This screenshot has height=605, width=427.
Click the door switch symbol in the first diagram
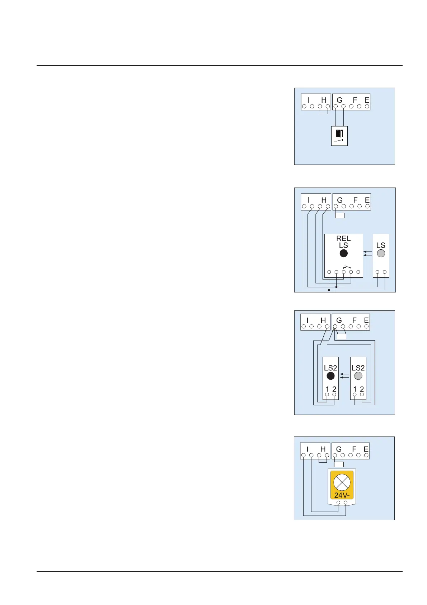pos(339,136)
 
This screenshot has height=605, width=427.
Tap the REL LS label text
pos(343,242)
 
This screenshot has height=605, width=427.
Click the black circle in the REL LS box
pos(343,253)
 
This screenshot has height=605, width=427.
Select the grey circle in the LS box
pos(381,253)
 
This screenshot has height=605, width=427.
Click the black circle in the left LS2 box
pos(330,376)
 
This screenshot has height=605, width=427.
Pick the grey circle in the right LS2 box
pos(358,376)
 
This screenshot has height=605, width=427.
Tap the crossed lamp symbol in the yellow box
pos(342,482)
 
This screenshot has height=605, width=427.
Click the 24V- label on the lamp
pos(342,495)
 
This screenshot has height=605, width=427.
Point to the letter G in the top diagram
pos(339,100)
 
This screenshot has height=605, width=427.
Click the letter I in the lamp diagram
pos(307,449)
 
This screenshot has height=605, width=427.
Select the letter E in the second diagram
pos(367,200)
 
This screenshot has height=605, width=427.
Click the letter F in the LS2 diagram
pos(355,320)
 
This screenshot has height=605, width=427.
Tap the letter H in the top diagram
pos(324,100)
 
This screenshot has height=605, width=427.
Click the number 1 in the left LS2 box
pos(327,389)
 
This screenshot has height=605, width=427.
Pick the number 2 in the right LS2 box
pos(362,389)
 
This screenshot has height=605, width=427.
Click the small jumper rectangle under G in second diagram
pos(339,215)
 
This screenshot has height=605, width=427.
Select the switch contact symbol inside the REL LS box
pos(347,267)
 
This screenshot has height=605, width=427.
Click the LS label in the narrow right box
pos(381,245)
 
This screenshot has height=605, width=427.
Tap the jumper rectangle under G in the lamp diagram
pos(339,464)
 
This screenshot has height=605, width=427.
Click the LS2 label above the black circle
pos(330,368)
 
